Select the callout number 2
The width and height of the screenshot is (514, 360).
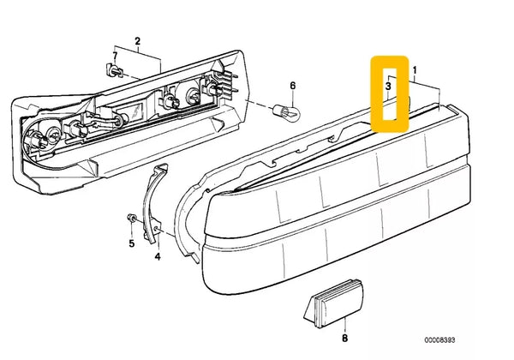(137, 41)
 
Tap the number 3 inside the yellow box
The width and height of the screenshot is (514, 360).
(388, 87)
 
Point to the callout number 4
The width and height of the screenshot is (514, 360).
(157, 255)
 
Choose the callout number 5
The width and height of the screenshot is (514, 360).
(131, 243)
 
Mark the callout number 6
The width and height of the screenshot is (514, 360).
(291, 86)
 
